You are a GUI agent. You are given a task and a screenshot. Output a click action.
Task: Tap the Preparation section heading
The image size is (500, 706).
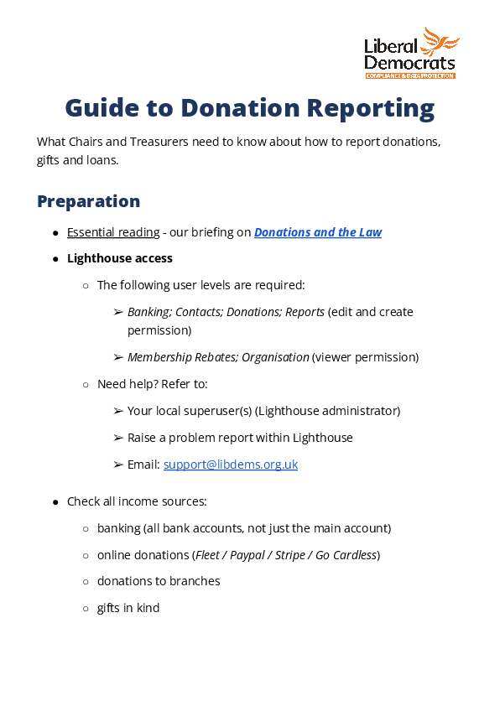pyautogui.click(x=88, y=201)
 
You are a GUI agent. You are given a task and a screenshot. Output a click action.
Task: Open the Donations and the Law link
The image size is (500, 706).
pyautogui.click(x=318, y=232)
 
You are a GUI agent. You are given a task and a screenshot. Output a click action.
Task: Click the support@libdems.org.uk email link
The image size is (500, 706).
pyautogui.click(x=231, y=464)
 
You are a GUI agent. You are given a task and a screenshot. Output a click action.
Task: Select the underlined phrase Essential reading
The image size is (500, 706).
pyautogui.click(x=113, y=232)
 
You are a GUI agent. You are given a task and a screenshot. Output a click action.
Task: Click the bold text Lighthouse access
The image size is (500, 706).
pyautogui.click(x=120, y=258)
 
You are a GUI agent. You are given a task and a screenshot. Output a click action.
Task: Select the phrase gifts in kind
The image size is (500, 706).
pyautogui.click(x=128, y=607)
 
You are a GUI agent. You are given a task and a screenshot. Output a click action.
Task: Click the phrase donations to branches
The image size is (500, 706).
pyautogui.click(x=159, y=581)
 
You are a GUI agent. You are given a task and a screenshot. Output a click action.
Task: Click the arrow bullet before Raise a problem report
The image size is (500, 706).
pyautogui.click(x=118, y=438)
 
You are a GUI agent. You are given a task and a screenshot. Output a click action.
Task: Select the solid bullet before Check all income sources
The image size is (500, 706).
pyautogui.click(x=55, y=502)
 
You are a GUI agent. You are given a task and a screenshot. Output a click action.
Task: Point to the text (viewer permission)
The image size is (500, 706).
pyautogui.click(x=365, y=357)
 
